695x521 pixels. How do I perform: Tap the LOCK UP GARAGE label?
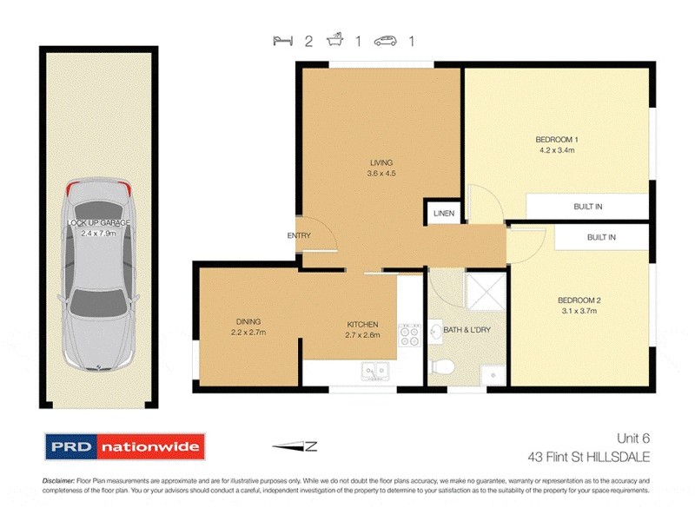(x=99, y=228)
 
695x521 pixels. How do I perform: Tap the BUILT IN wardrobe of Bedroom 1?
(x=587, y=207)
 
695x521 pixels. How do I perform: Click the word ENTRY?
(x=299, y=235)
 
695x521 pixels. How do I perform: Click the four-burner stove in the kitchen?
(x=408, y=336)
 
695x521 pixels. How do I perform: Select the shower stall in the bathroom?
(x=486, y=291)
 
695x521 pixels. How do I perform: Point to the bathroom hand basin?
(x=435, y=331)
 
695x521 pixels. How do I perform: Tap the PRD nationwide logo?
(x=124, y=447)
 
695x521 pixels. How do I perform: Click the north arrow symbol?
(x=296, y=447)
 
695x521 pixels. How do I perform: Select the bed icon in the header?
(x=281, y=41)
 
